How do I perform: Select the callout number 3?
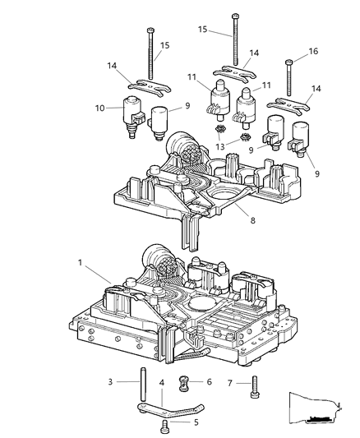tap(108, 382)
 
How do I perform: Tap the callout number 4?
tap(160, 383)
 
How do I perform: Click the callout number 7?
tap(232, 382)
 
